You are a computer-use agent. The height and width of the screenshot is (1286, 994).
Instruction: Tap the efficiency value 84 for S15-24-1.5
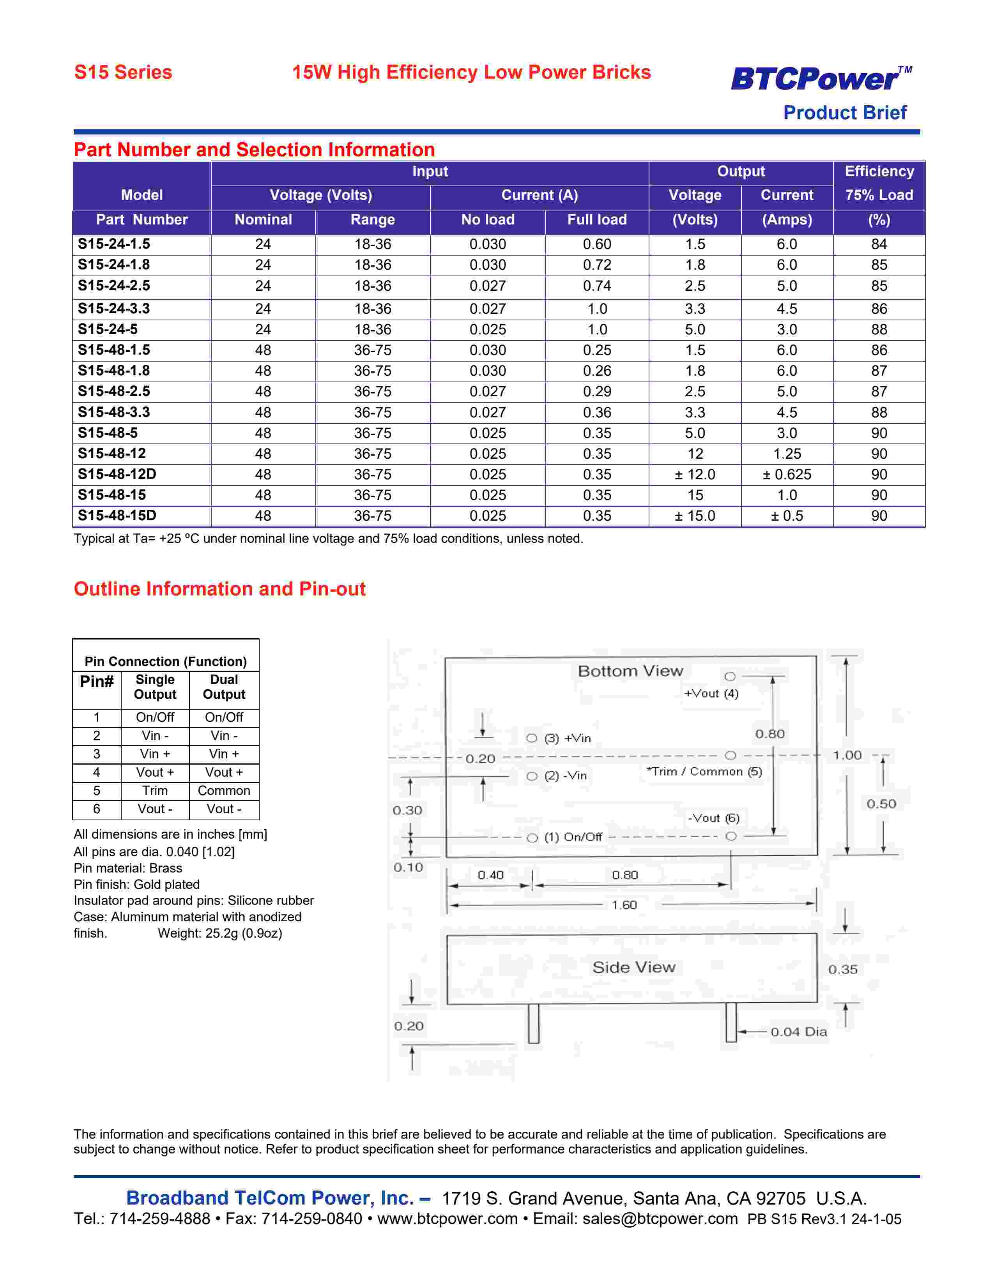[879, 244]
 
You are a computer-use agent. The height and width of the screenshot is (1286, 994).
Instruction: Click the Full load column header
[596, 220]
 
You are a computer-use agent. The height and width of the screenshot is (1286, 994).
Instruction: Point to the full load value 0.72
[596, 265]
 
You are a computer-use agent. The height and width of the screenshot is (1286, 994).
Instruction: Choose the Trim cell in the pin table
[155, 790]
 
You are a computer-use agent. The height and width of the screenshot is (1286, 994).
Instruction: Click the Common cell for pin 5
[224, 790]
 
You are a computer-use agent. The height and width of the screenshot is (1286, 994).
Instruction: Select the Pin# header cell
[97, 682]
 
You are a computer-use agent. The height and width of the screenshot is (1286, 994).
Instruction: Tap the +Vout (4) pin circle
[730, 677]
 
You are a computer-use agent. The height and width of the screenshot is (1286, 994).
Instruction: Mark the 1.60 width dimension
[624, 904]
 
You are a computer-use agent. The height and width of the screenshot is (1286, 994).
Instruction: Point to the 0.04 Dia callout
[798, 1032]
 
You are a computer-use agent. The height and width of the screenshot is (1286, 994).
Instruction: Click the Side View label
[633, 967]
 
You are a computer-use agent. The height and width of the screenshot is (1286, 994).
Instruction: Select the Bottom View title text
[630, 671]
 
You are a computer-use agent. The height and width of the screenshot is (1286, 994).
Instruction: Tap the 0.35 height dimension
[843, 969]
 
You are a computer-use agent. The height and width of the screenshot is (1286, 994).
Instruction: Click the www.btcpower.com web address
[447, 1219]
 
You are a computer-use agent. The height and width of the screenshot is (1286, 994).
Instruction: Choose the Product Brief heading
[844, 113]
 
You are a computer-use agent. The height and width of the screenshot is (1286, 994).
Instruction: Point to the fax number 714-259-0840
[311, 1219]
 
